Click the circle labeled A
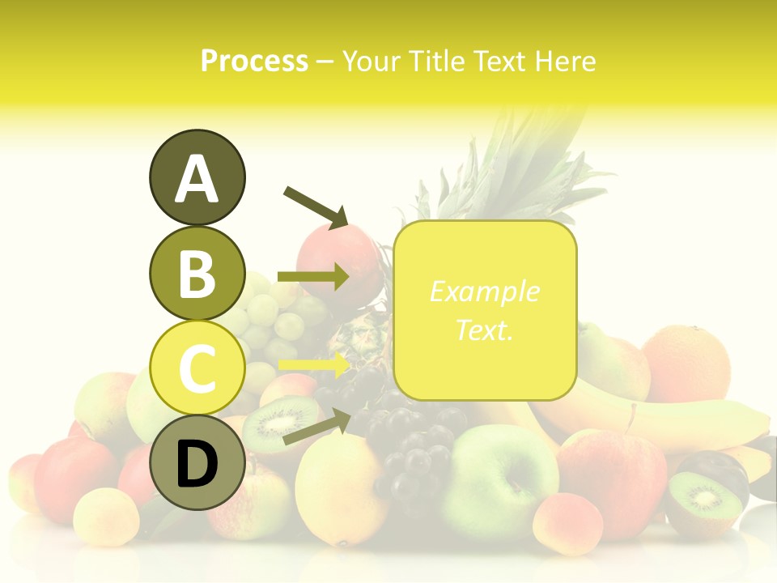tap(197, 177)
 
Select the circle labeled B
tap(197, 273)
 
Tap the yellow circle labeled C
tap(197, 368)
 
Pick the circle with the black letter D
tap(197, 462)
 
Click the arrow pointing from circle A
tap(316, 206)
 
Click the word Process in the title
tap(254, 61)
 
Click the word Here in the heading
tap(564, 61)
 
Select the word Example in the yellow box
tap(485, 291)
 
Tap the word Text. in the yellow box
tap(485, 330)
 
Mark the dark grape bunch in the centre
tap(409, 445)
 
